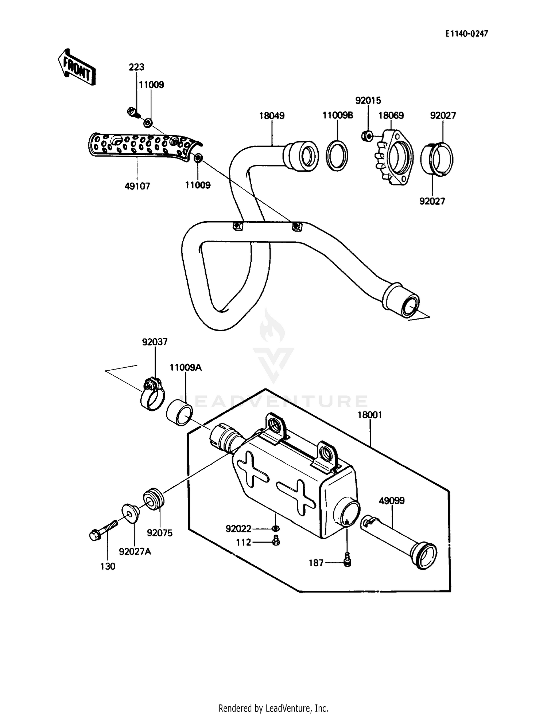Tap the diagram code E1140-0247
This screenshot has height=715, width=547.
(466, 34)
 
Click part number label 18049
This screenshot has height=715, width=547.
(272, 116)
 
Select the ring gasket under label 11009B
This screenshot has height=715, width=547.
(337, 156)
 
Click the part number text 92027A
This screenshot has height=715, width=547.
(135, 552)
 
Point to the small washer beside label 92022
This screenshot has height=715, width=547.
(276, 528)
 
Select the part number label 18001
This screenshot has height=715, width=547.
(369, 415)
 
